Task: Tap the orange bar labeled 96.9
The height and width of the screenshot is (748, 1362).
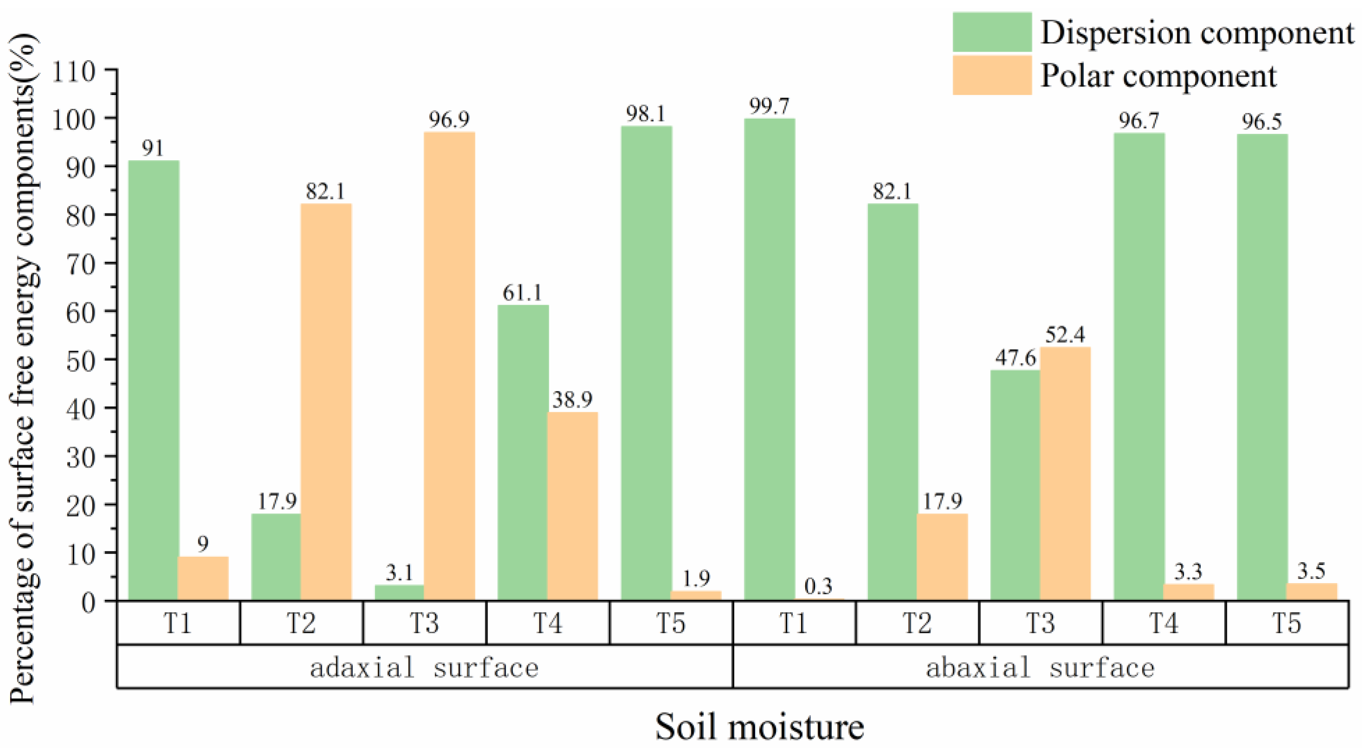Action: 449,365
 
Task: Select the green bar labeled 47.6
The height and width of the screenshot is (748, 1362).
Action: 1015,484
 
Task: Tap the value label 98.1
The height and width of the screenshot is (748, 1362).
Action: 646,113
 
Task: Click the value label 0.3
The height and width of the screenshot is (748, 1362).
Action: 819,586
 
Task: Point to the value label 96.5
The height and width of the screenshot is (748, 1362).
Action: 1261,122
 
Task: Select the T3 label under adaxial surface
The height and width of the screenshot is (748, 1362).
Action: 425,623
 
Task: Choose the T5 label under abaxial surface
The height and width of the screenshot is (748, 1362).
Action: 1286,623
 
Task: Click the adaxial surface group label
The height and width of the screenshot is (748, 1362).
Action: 425,667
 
